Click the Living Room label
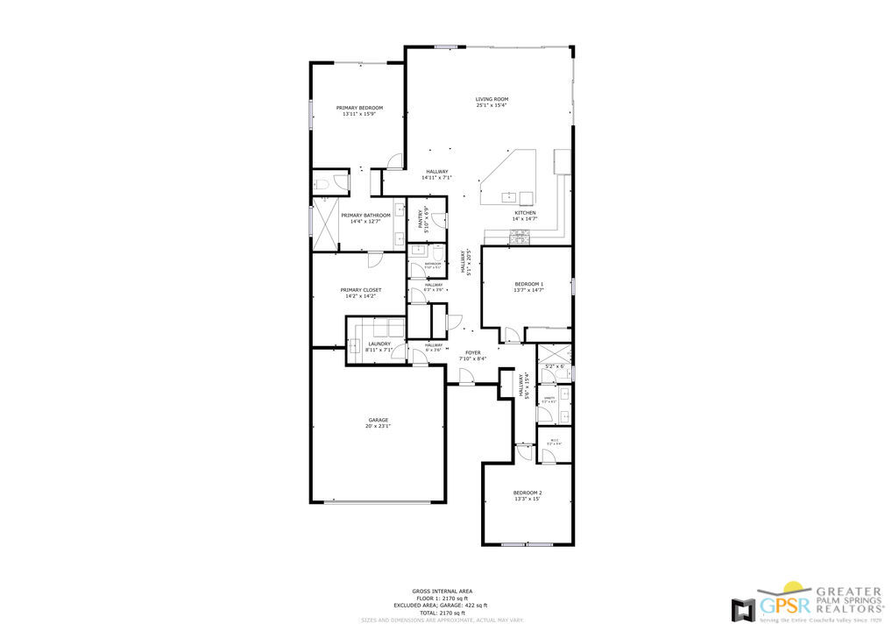(x=492, y=99)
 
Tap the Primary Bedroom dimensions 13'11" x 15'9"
(x=359, y=114)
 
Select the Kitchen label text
(x=525, y=213)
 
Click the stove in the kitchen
(x=520, y=235)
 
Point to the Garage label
(x=378, y=420)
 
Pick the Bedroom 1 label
(x=528, y=284)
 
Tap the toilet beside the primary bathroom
(x=322, y=183)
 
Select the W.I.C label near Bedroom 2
(x=554, y=441)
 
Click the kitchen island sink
(x=507, y=196)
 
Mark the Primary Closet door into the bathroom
(x=374, y=259)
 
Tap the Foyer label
(x=473, y=352)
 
